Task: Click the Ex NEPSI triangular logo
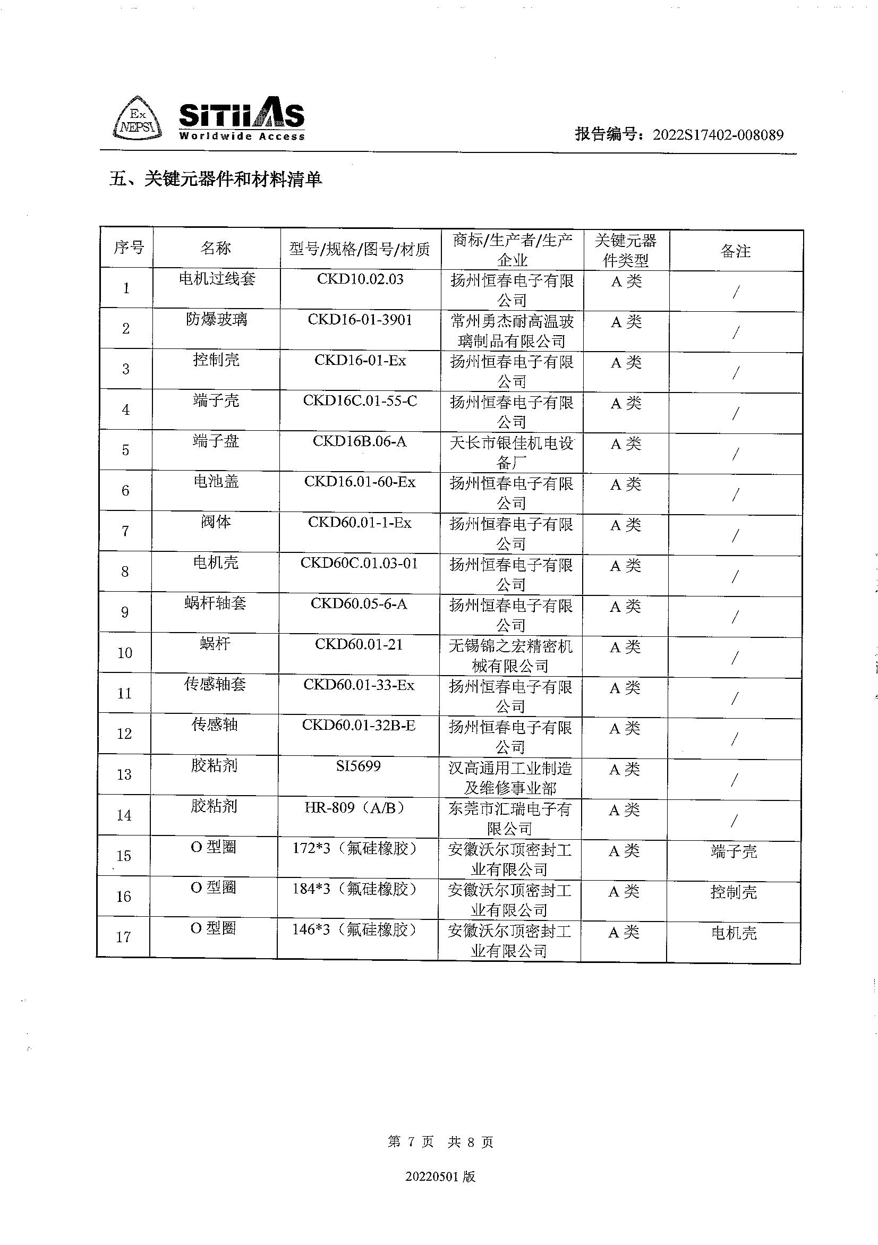click(x=137, y=120)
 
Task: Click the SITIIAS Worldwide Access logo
click(x=241, y=121)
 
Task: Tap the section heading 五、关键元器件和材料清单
click(x=215, y=179)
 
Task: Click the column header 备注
click(x=735, y=251)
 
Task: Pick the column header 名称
click(x=216, y=249)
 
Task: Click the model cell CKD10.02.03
click(x=360, y=279)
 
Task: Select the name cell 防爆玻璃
click(x=216, y=319)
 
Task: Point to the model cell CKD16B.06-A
click(x=359, y=441)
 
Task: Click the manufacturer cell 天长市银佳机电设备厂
click(x=512, y=453)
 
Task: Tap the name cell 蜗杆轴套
click(x=215, y=603)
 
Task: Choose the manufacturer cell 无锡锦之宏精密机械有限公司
click(x=510, y=655)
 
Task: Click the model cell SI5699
click(x=358, y=766)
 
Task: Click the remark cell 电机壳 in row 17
click(x=733, y=933)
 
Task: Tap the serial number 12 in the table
click(x=124, y=734)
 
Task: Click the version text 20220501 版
click(x=440, y=1176)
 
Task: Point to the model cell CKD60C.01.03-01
click(x=359, y=564)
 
